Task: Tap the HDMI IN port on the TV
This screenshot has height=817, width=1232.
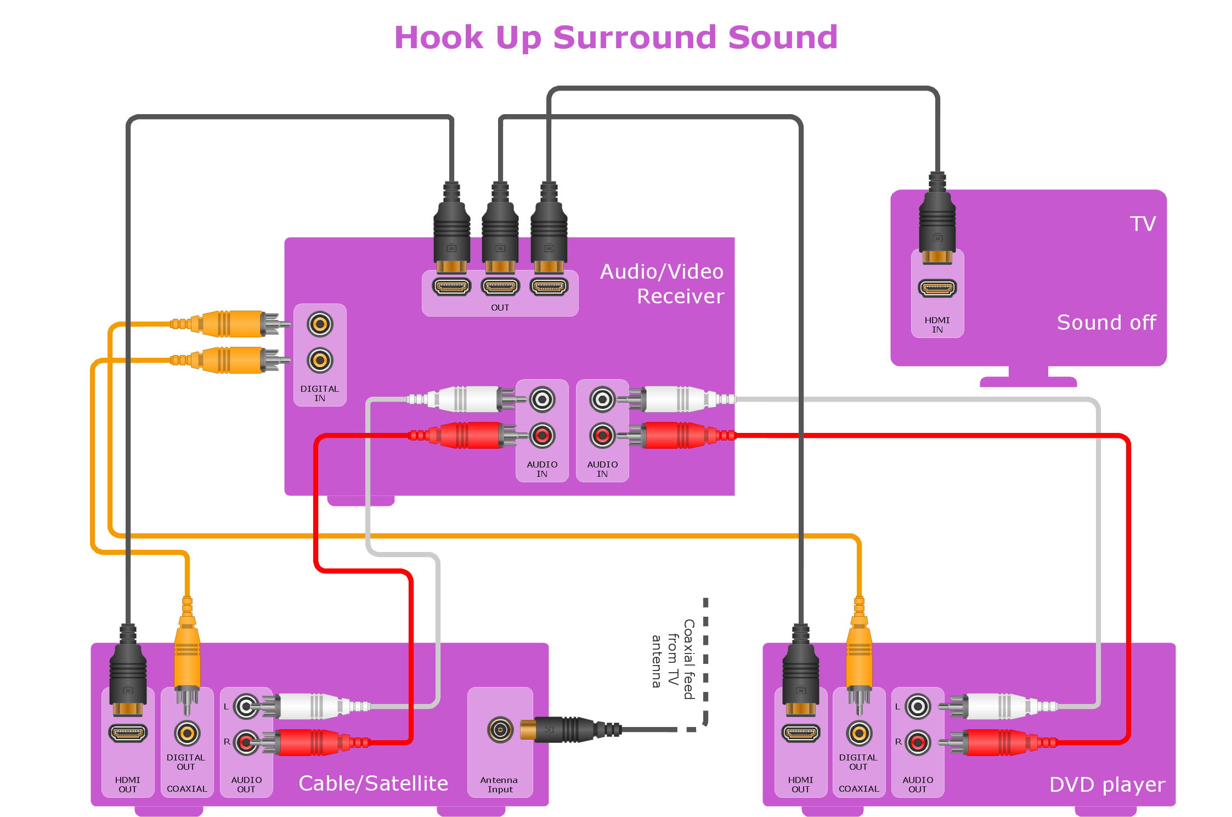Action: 937,288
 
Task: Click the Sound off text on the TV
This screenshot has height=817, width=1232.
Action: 1106,323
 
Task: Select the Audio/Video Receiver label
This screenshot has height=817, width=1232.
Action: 662,284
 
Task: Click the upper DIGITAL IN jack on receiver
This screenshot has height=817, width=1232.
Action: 320,324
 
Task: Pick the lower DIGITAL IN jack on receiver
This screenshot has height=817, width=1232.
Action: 320,360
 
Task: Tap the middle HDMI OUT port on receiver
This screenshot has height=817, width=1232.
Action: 500,286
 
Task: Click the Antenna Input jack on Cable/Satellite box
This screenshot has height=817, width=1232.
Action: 500,730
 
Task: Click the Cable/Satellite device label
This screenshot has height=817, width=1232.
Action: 373,784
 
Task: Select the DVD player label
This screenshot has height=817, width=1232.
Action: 1106,785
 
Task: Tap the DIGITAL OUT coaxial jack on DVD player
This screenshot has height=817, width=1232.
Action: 859,733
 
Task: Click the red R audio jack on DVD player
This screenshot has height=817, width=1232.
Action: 918,743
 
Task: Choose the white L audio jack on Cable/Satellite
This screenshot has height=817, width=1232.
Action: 246,707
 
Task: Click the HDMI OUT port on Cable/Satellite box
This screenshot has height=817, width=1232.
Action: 128,733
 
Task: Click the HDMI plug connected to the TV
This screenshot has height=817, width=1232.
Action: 937,225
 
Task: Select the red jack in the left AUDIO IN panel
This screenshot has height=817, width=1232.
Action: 542,436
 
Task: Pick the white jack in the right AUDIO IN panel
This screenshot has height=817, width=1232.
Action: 602,399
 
